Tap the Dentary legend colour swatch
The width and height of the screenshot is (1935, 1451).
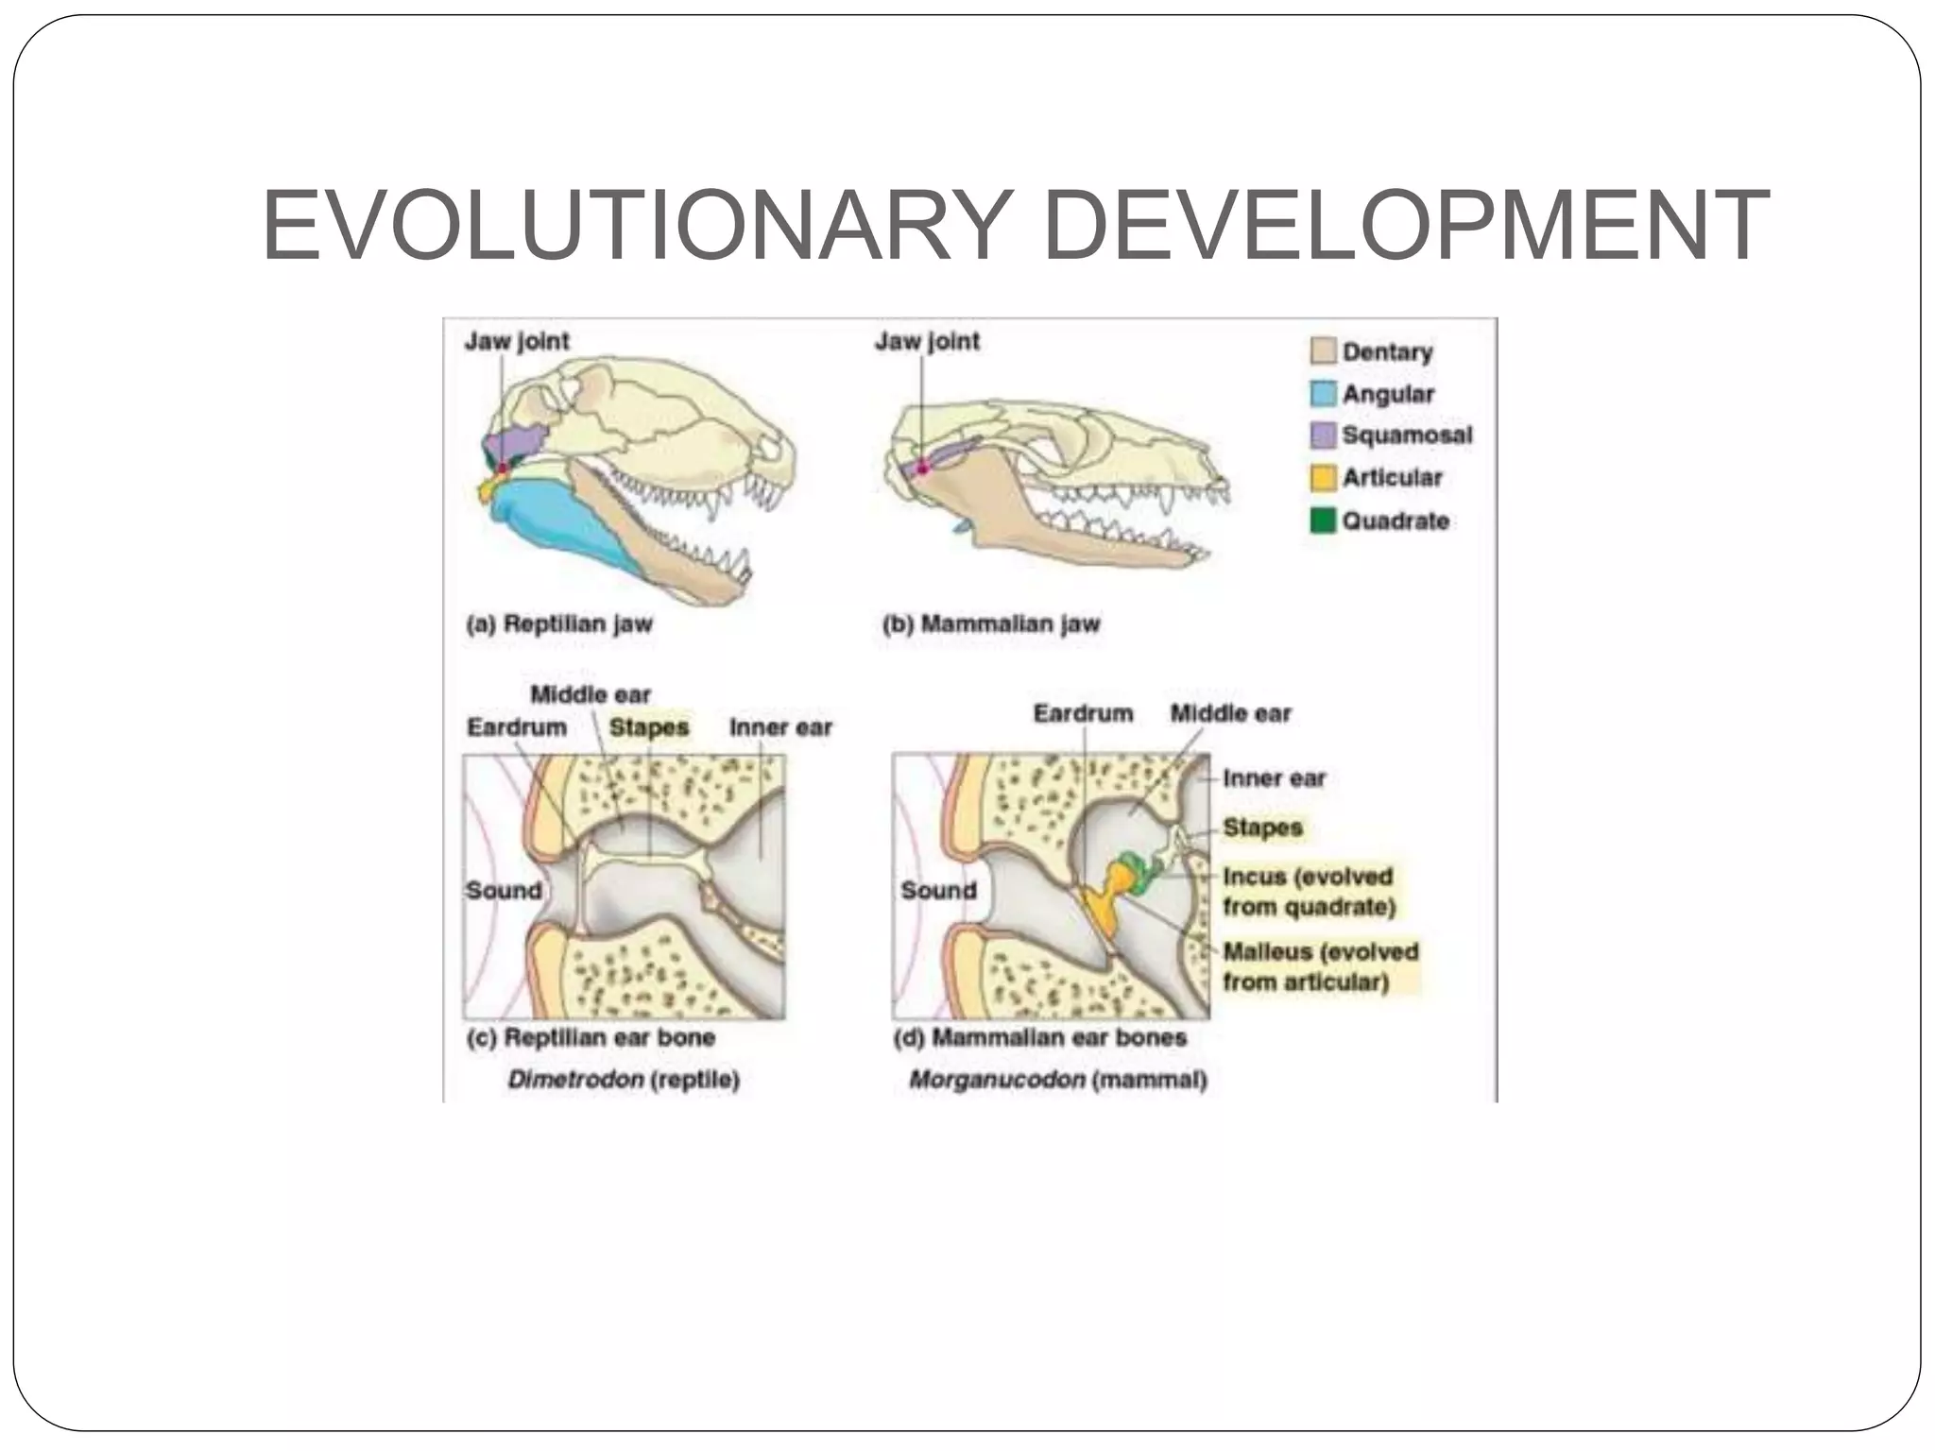[x=1323, y=351]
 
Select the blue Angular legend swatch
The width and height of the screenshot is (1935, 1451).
[x=1323, y=394]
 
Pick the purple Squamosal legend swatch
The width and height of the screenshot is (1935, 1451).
[x=1323, y=435]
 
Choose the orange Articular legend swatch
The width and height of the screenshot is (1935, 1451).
[x=1323, y=478]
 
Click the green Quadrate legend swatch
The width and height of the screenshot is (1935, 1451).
[x=1323, y=521]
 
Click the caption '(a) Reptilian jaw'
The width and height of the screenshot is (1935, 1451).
[x=559, y=624]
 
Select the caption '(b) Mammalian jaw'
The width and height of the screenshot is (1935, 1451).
[x=991, y=624]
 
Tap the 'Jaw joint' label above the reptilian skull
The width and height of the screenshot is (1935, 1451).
[x=517, y=341]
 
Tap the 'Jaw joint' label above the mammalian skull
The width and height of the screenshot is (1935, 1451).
[x=927, y=341]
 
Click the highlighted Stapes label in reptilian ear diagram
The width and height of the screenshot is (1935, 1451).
[x=649, y=727]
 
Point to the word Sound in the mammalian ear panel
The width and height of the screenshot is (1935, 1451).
[x=938, y=890]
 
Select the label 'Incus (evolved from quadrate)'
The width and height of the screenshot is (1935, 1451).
[x=1309, y=891]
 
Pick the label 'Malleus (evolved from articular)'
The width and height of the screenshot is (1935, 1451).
[x=1320, y=966]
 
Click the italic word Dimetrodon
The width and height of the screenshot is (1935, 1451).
[x=575, y=1079]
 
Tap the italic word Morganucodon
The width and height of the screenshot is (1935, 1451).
[x=996, y=1079]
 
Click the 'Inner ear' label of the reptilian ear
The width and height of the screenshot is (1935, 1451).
[x=780, y=727]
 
